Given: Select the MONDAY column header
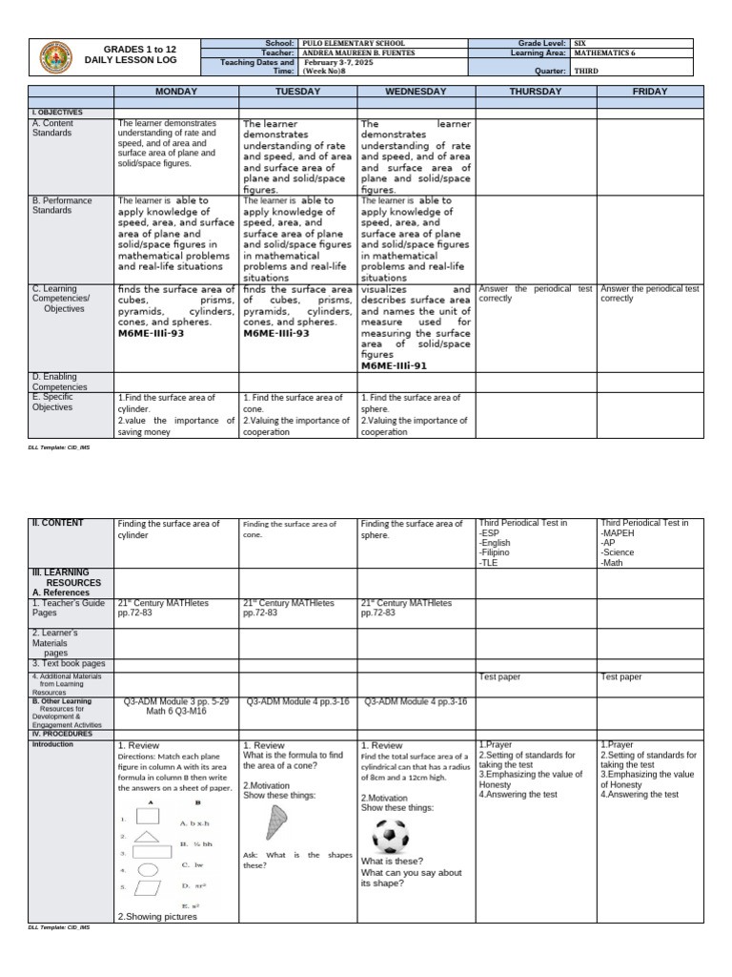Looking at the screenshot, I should click(175, 91).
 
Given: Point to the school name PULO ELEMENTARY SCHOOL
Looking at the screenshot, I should click(352, 44).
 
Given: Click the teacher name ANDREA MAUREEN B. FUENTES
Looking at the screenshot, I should click(367, 53).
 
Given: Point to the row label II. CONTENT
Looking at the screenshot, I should click(58, 523).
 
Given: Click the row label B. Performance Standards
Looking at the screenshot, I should click(62, 205).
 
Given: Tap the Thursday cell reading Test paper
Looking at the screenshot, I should click(499, 676).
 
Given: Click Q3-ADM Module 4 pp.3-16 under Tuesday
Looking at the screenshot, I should click(297, 701).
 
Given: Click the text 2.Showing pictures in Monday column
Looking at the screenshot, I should click(157, 916).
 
